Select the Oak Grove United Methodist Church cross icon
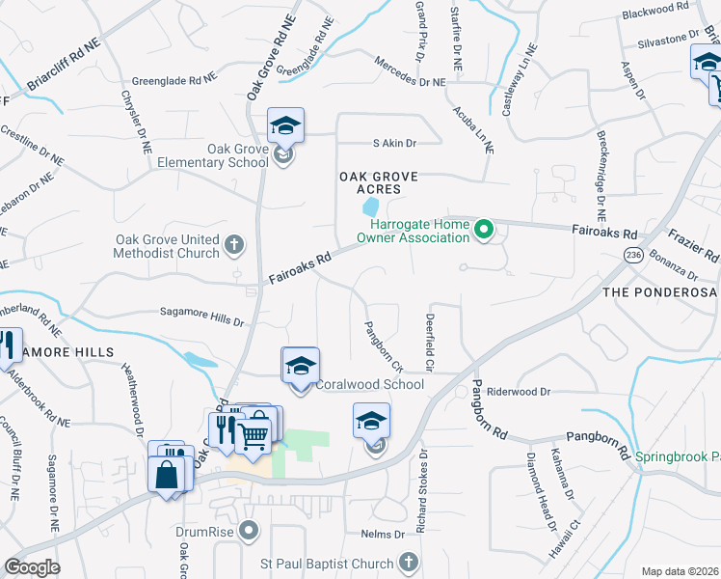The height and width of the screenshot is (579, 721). click(233, 246)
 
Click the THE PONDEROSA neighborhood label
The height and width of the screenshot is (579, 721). click(660, 292)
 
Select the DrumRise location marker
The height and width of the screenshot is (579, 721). click(250, 530)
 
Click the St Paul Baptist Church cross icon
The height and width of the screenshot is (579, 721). click(408, 562)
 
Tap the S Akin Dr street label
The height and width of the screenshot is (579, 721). click(394, 143)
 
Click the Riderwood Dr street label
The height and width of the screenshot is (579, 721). click(519, 392)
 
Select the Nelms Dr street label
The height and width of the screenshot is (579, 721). click(383, 534)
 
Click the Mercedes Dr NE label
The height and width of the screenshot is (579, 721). click(410, 82)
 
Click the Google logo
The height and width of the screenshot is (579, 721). click(32, 567)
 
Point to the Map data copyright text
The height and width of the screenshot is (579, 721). click(679, 571)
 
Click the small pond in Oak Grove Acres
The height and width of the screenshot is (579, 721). click(369, 207)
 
